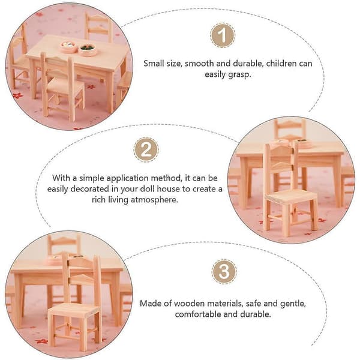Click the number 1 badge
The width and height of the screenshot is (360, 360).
click(223, 35)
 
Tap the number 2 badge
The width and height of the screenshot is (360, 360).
click(146, 149)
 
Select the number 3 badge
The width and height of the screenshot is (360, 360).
click(224, 271)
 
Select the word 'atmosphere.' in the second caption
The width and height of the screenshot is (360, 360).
click(154, 200)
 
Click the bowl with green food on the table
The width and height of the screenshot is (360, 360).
click(88, 50)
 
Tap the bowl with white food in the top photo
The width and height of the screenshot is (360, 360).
click(68, 47)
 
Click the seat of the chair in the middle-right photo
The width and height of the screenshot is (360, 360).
click(290, 196)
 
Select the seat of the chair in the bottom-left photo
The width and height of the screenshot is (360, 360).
click(74, 310)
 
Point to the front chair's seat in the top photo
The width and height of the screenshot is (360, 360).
click(65, 85)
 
